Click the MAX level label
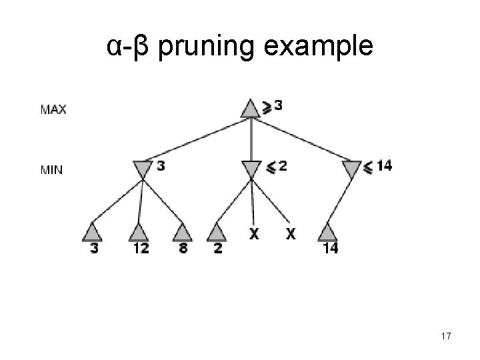[x=53, y=109]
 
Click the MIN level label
[x=52, y=169]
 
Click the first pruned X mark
[x=253, y=234]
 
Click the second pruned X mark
[x=291, y=234]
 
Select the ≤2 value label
[x=277, y=166]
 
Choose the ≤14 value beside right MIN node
[x=378, y=166]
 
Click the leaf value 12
[x=141, y=249]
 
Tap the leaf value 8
[x=181, y=249]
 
